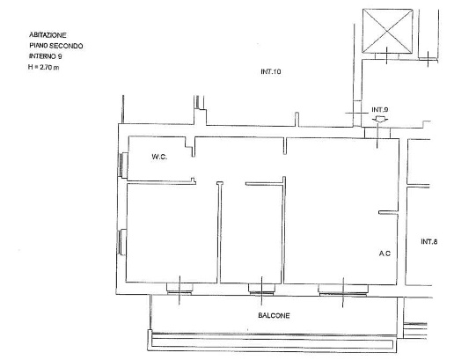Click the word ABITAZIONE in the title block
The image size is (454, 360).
coord(48,35)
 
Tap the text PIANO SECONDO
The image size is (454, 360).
coord(55,46)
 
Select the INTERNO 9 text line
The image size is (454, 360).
coord(45,56)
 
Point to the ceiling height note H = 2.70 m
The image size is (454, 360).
coord(43,67)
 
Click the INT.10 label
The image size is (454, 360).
coord(271,71)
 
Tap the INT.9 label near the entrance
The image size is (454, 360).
coord(380,110)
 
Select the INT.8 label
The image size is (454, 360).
coord(429,241)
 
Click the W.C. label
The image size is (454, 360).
coord(159,157)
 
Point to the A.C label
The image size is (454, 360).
coord(384,253)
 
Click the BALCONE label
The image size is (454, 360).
coord(274,315)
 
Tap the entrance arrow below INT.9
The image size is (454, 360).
coord(380,119)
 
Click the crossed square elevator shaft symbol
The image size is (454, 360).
coord(387,31)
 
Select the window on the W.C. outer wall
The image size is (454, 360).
coord(123,165)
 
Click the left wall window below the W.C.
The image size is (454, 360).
coord(122,242)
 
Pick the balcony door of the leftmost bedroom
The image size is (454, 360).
coord(179,289)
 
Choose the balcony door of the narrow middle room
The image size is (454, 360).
coord(261,289)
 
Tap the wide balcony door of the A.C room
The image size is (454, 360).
coord(343,290)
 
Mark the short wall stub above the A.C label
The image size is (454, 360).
coord(388,212)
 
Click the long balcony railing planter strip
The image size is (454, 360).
coord(273,342)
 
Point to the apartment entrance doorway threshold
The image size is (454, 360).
coord(377,133)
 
